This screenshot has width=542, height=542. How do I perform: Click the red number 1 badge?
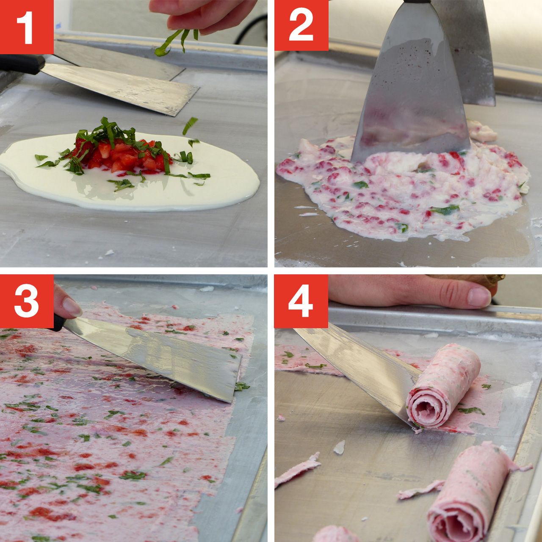[27, 27]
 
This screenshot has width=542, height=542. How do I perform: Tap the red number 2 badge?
[301, 25]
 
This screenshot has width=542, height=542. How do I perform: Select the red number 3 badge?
[27, 301]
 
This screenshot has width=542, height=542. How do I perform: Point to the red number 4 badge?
[301, 301]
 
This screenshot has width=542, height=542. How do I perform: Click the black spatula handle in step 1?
[21, 64]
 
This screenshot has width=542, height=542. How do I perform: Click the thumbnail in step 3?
[72, 307]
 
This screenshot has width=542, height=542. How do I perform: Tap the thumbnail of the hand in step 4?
[478, 297]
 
